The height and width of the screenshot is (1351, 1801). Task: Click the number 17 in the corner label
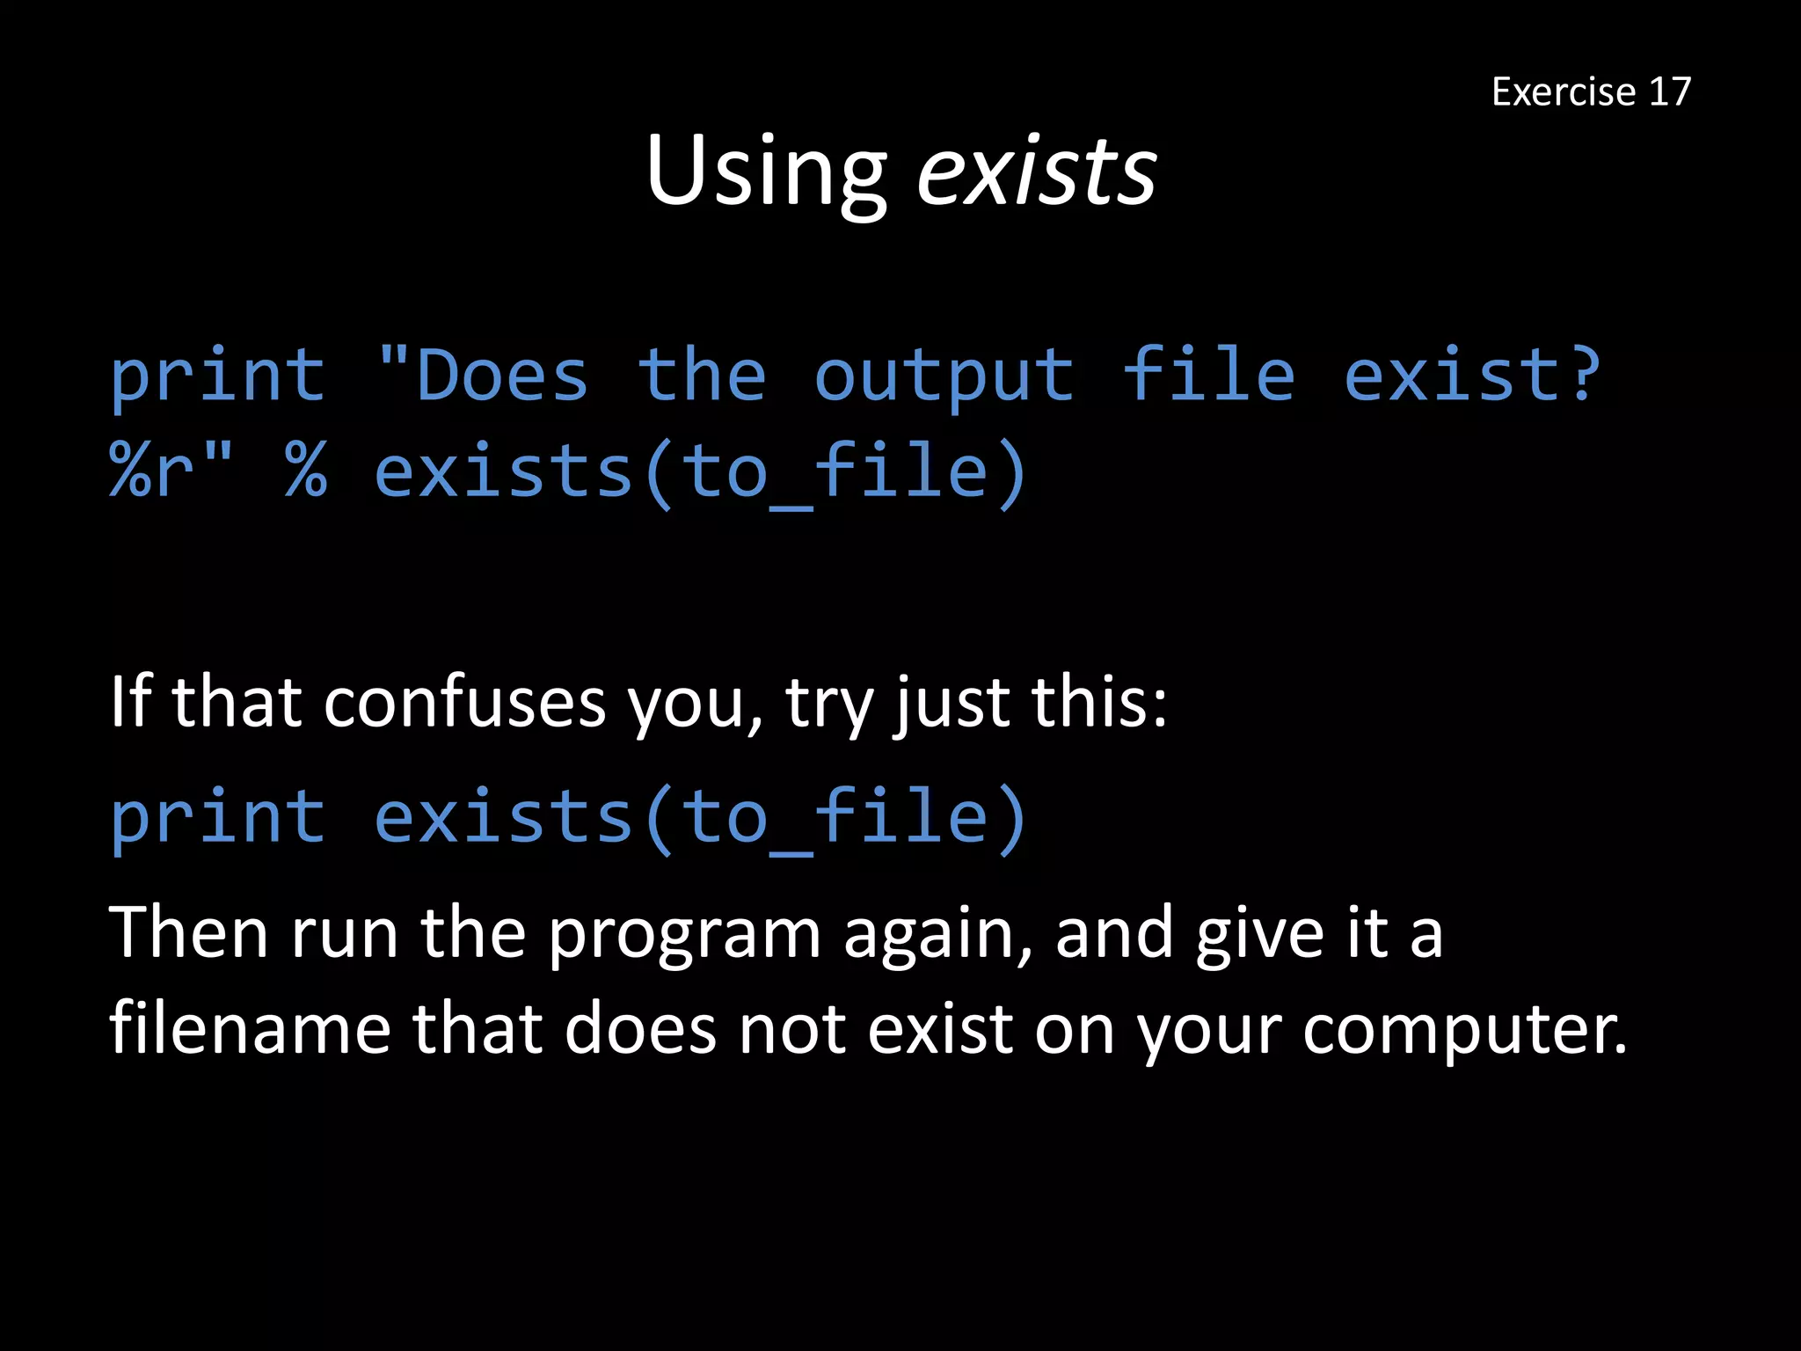tap(1669, 91)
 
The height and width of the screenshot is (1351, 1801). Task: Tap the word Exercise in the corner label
tap(1564, 91)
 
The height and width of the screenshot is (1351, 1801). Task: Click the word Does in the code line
tap(502, 376)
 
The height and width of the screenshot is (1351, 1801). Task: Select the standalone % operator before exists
tap(306, 471)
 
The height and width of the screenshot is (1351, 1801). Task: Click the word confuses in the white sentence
tap(464, 703)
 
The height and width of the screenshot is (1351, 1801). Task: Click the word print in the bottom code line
tap(217, 818)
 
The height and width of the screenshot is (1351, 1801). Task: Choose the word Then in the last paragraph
tap(188, 932)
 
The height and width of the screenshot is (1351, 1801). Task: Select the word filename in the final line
tap(250, 1028)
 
